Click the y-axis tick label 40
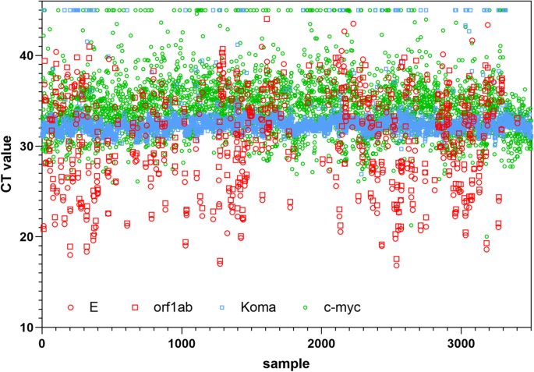(28, 56)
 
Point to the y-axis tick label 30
(28, 147)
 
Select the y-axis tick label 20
(28, 237)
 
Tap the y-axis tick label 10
(28, 328)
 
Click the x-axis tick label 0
(42, 343)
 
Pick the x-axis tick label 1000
(182, 343)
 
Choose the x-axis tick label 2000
(321, 343)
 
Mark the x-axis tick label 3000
(461, 343)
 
